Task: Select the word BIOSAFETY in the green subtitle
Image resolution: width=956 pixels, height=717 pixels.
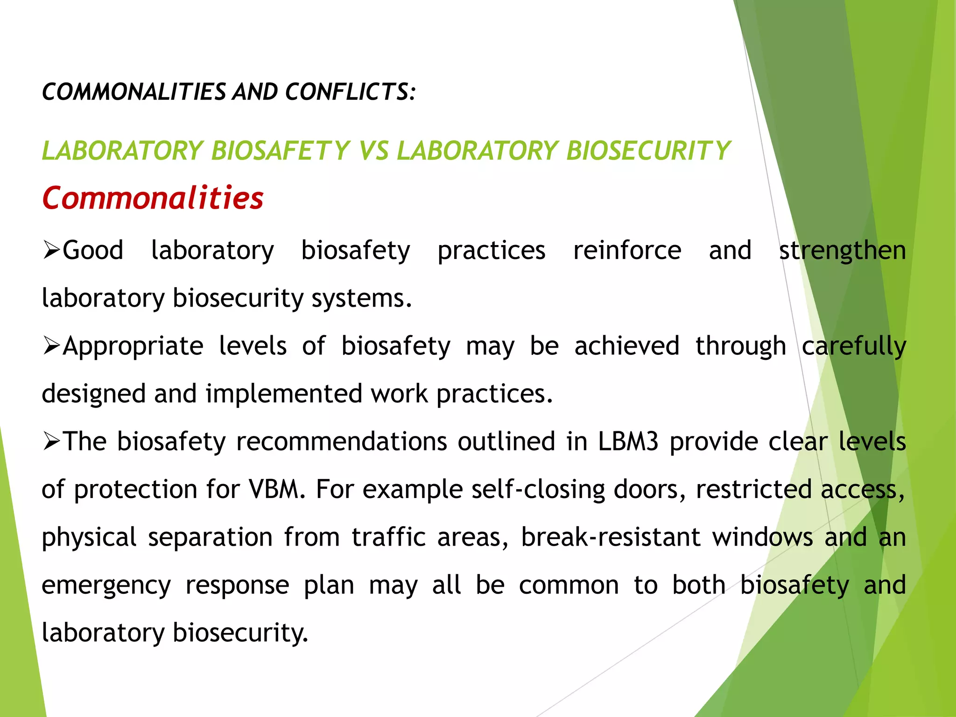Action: point(280,151)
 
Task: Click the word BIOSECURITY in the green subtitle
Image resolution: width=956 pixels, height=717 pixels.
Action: point(648,151)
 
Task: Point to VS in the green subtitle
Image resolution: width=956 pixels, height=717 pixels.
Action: point(373,151)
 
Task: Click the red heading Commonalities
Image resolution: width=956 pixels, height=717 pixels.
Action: point(153,198)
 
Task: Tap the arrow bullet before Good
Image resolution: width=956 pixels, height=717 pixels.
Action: point(51,251)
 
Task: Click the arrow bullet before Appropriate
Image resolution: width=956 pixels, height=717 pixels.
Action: point(51,346)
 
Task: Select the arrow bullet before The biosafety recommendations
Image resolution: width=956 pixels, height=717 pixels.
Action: point(51,442)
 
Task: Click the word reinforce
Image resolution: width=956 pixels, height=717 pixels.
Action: point(627,251)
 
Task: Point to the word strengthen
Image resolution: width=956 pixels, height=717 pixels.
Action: point(843,251)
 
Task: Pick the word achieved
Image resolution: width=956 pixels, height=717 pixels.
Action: point(626,346)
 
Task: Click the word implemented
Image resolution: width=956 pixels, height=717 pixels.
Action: point(284,394)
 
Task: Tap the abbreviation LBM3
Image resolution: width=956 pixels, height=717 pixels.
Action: point(628,442)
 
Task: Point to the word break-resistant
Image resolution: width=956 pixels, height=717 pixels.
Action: point(610,537)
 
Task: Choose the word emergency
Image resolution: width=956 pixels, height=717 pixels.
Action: point(106,585)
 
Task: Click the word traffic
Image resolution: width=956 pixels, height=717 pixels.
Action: point(388,537)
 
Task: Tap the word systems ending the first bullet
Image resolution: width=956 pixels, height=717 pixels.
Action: point(361,298)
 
